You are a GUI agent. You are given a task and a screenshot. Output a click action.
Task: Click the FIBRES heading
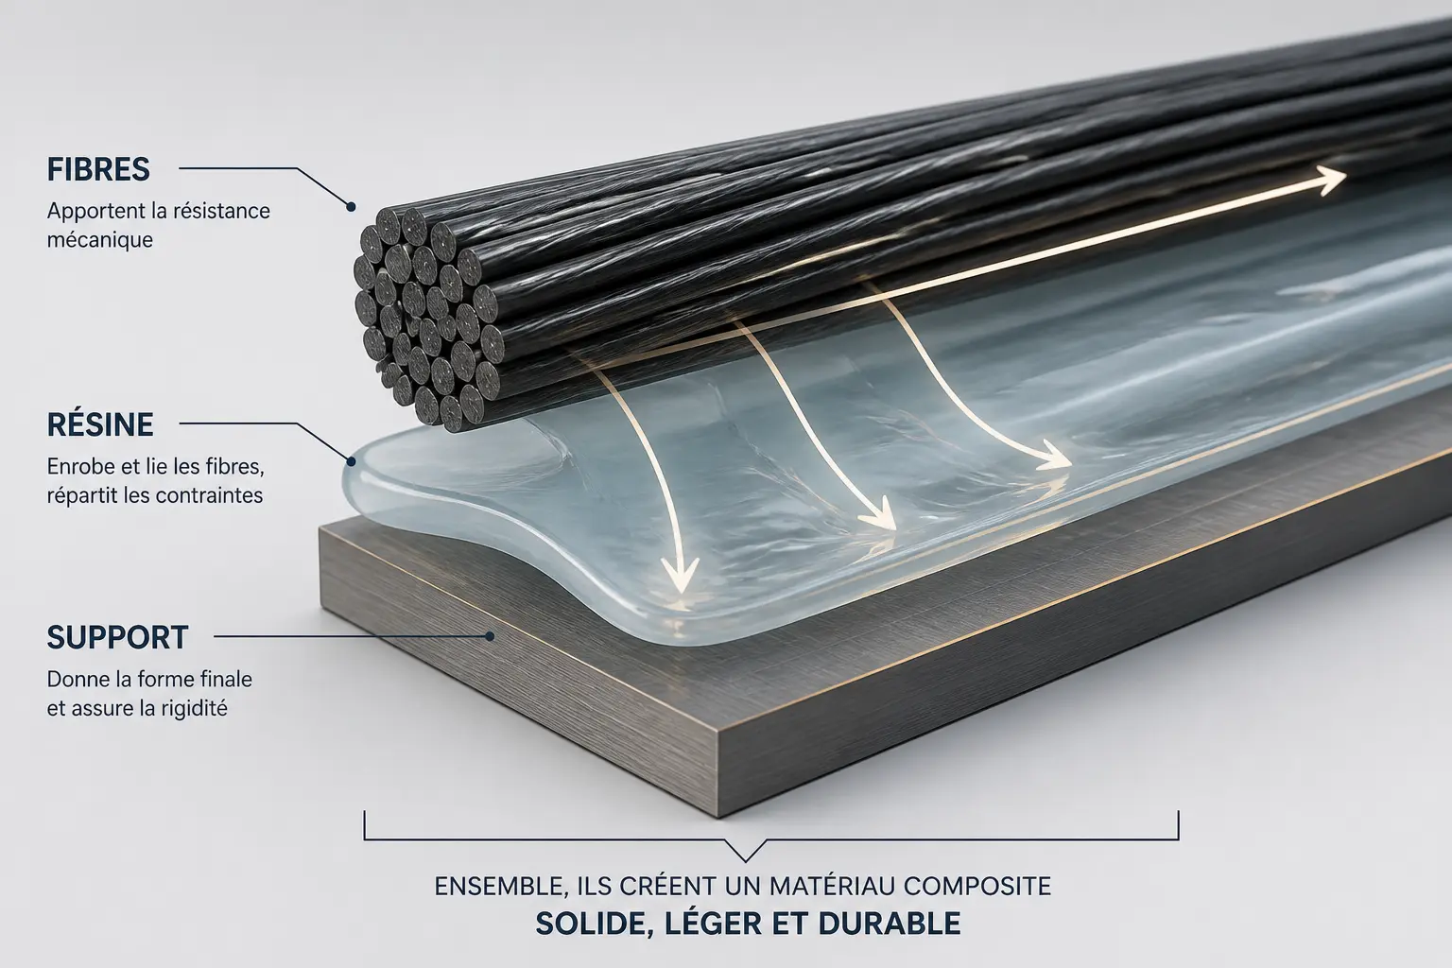(98, 169)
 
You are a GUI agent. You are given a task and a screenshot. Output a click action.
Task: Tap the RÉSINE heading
(100, 424)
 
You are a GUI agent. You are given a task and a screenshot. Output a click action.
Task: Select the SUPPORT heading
(117, 637)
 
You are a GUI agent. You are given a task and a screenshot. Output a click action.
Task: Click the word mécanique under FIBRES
(100, 240)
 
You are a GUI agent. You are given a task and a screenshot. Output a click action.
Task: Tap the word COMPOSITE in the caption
(977, 887)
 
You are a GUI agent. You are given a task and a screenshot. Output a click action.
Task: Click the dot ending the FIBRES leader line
(351, 207)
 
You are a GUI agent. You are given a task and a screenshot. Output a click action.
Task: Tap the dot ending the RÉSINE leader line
(351, 461)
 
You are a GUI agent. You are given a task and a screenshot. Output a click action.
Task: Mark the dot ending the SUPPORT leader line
(490, 637)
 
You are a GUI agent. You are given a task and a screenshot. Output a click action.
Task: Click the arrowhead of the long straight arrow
(1329, 179)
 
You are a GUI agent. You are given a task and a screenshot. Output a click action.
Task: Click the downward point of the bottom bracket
(746, 861)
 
